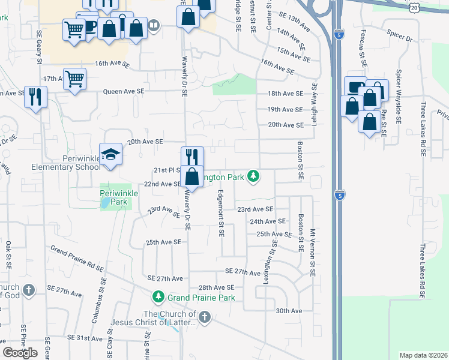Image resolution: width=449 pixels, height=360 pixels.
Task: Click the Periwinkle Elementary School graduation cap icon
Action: (111, 154)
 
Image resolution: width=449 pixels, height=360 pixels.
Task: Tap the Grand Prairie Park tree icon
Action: (158, 297)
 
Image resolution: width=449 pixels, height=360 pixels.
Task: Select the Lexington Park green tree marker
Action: (254, 176)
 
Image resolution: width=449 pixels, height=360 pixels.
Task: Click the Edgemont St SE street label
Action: (221, 213)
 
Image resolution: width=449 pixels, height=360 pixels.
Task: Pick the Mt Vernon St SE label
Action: (313, 252)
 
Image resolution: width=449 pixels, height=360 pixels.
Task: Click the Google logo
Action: (20, 353)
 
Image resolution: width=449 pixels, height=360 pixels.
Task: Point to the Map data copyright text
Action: (423, 355)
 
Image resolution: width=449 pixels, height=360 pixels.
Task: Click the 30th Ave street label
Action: (289, 311)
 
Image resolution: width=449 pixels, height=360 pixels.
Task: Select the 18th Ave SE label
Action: (285, 94)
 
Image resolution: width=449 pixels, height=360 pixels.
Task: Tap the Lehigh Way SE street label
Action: (313, 98)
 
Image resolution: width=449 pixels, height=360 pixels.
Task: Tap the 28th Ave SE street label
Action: (216, 288)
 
